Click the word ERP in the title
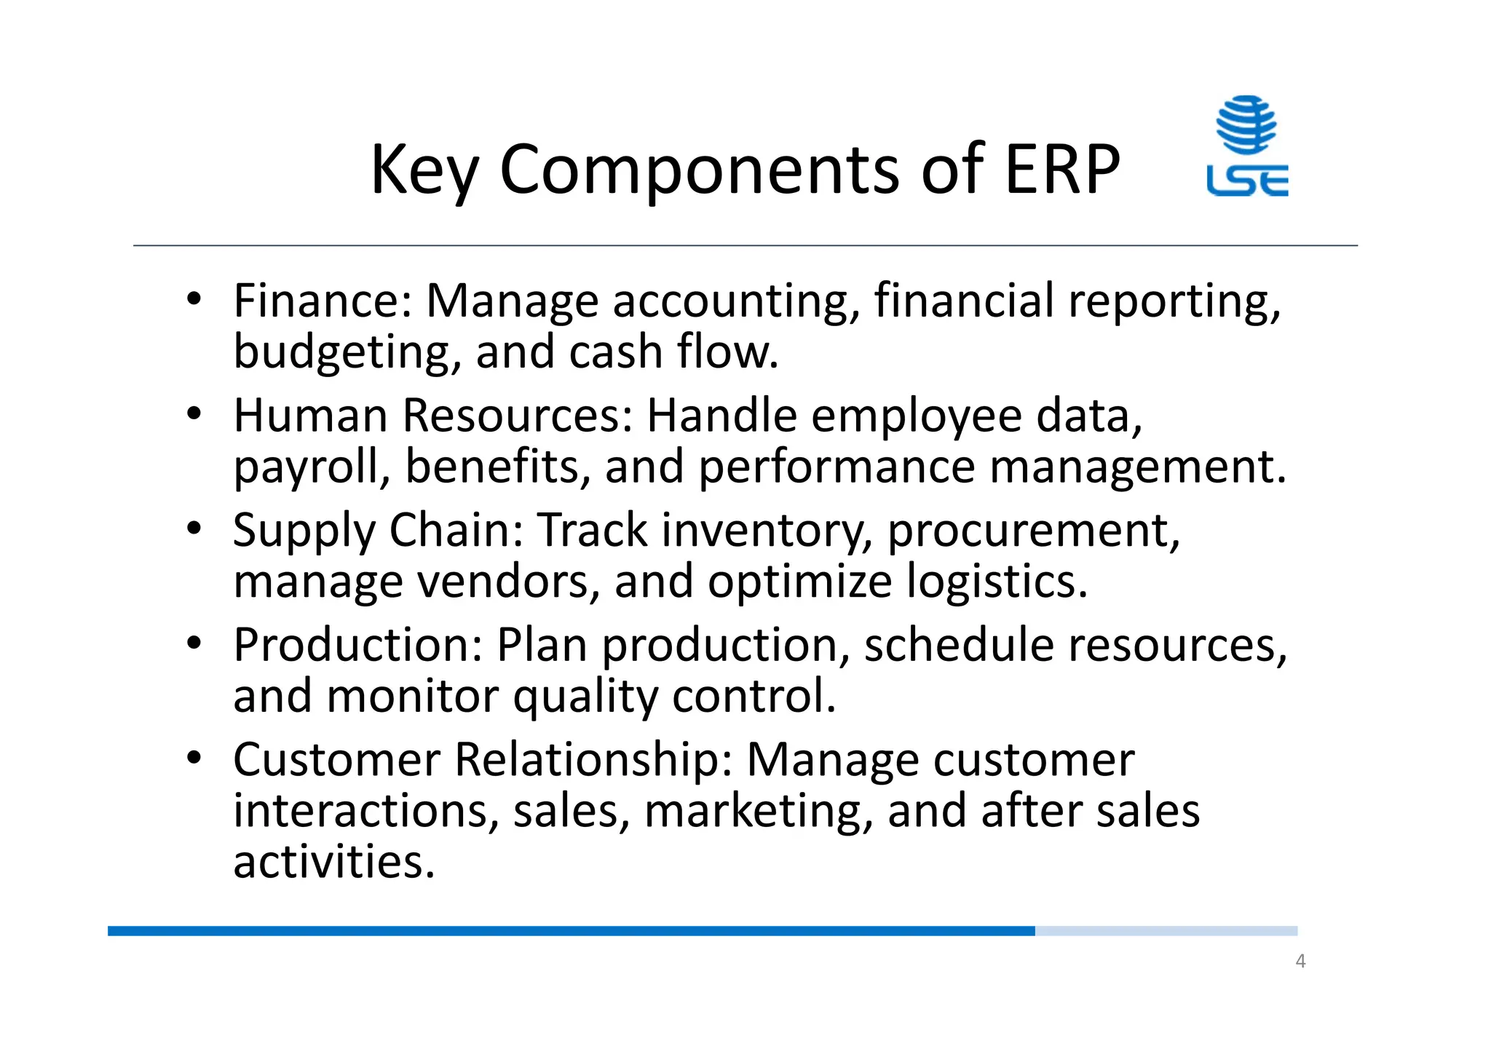[1061, 169]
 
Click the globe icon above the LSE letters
[1246, 124]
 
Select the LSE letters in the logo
[1247, 181]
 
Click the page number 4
[1300, 962]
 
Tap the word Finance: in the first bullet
[323, 301]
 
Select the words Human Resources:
[433, 416]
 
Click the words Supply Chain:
[378, 530]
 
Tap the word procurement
[1032, 531]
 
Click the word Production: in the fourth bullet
[358, 645]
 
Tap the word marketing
[758, 812]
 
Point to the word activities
[333, 862]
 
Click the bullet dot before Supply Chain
[193, 528]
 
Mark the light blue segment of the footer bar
[1166, 931]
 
